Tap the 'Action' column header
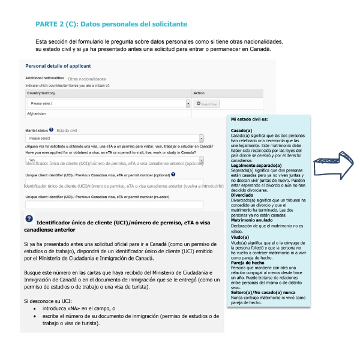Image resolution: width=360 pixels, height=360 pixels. pyautogui.click(x=200, y=93)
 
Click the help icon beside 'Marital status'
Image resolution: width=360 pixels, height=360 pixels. pyautogui.click(x=52, y=130)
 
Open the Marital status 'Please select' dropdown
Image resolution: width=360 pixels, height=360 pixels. pyautogui.click(x=106, y=138)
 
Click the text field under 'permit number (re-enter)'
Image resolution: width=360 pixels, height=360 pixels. pyautogui.click(x=114, y=205)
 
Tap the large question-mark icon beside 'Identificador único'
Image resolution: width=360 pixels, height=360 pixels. pyautogui.click(x=29, y=219)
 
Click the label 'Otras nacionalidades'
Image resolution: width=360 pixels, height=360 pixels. pyautogui.click(x=87, y=79)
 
